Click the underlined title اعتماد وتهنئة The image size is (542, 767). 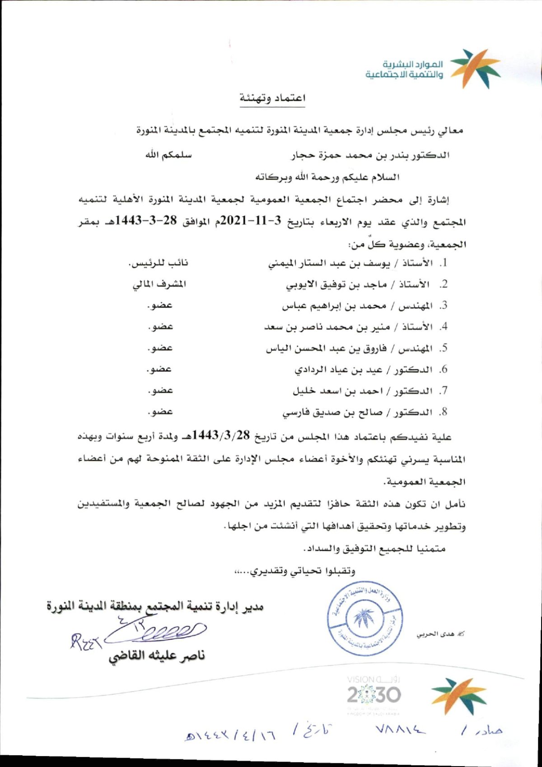[x=272, y=98]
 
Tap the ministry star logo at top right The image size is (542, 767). [x=474, y=69]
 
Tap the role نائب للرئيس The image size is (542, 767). [x=158, y=263]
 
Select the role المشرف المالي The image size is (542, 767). [x=159, y=284]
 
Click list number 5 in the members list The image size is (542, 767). [x=444, y=348]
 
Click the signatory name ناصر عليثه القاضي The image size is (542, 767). [x=156, y=655]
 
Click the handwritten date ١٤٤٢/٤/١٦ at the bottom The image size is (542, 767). [x=230, y=735]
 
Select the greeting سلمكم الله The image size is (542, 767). [x=168, y=155]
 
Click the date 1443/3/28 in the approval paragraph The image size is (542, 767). [x=221, y=435]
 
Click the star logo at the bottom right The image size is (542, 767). [x=458, y=695]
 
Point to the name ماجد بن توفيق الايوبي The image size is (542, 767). [x=336, y=284]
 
